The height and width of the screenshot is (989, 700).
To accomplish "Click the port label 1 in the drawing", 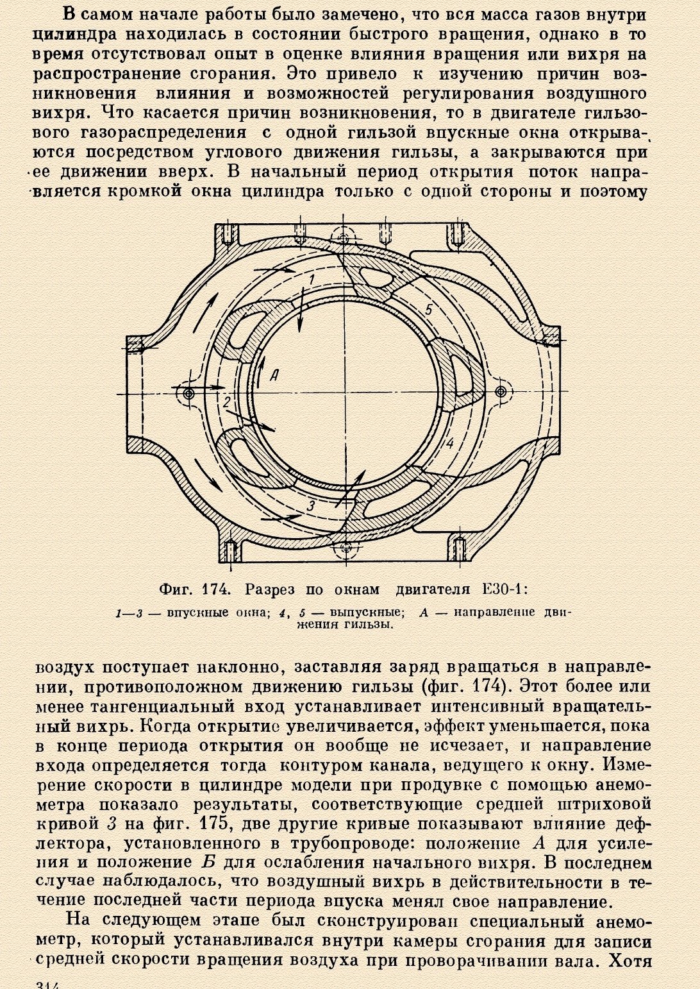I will (x=311, y=279).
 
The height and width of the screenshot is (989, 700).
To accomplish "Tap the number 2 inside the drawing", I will (x=227, y=402).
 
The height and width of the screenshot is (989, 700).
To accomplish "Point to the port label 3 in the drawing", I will (x=311, y=505).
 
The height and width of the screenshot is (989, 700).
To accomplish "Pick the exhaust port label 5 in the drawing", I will (x=428, y=309).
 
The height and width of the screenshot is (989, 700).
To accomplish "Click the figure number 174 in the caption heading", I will (x=213, y=589).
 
